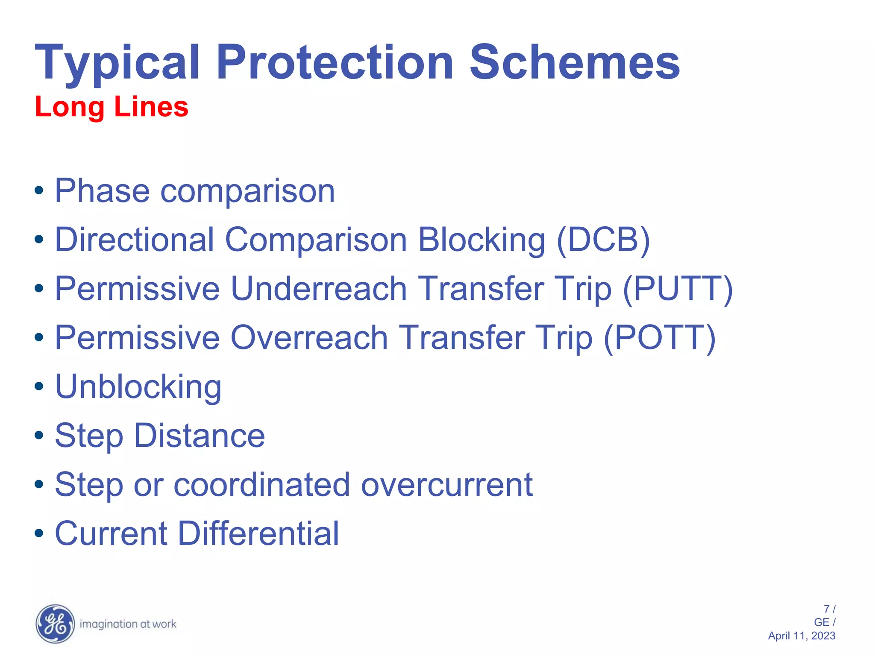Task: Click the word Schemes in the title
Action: click(x=575, y=63)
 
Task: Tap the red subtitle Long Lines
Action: click(x=112, y=107)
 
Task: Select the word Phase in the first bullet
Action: click(x=102, y=191)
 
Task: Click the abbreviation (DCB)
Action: click(x=603, y=240)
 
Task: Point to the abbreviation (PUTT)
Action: click(x=678, y=289)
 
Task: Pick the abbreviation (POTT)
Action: click(x=660, y=338)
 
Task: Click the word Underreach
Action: click(x=318, y=289)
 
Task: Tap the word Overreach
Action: click(x=309, y=338)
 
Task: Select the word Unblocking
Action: click(x=138, y=387)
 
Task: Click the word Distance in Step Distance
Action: click(x=200, y=436)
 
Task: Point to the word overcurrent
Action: click(x=447, y=485)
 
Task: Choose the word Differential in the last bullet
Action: click(x=258, y=533)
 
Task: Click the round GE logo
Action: click(x=55, y=624)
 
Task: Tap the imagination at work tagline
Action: click(x=128, y=624)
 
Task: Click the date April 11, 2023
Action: click(x=802, y=636)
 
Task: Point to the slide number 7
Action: click(x=827, y=609)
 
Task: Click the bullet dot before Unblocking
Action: click(x=39, y=387)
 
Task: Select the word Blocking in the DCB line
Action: click(x=482, y=240)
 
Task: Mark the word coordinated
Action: click(x=262, y=485)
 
